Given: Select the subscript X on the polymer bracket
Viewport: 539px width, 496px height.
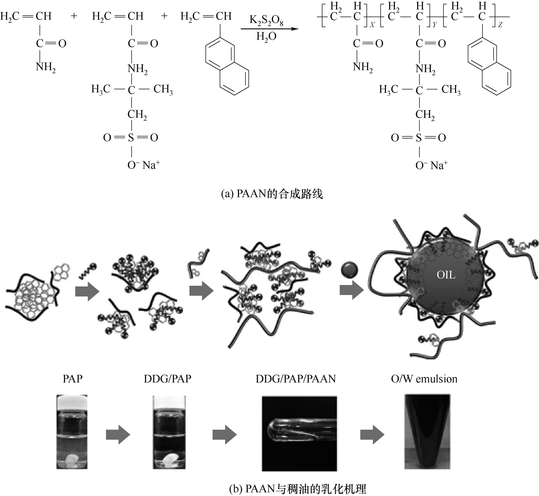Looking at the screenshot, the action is [x=372, y=25].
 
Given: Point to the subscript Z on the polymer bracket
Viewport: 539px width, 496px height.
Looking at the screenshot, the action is [x=500, y=25].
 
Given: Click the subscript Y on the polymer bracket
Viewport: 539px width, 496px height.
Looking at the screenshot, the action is [x=435, y=25].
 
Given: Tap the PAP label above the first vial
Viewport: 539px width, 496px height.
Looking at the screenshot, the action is [x=72, y=379].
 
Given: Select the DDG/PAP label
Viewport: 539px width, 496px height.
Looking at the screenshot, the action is [x=167, y=379].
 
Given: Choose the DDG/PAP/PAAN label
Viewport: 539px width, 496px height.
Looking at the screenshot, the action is [x=296, y=379].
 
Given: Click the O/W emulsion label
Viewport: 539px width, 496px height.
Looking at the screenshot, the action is [x=424, y=379].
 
